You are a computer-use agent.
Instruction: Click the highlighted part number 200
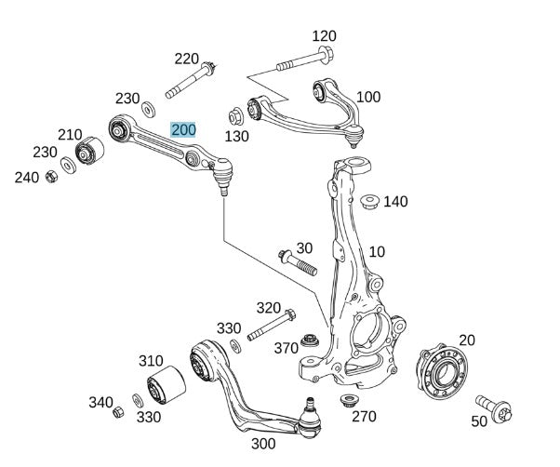click(183, 129)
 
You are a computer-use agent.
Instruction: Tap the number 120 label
click(324, 36)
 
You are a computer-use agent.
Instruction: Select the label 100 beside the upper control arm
click(368, 97)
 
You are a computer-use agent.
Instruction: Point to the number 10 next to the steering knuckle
click(376, 251)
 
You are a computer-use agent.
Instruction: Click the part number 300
click(262, 444)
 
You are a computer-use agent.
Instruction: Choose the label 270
click(364, 416)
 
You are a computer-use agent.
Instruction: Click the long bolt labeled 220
click(192, 81)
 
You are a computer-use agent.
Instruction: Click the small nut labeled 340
click(118, 410)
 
